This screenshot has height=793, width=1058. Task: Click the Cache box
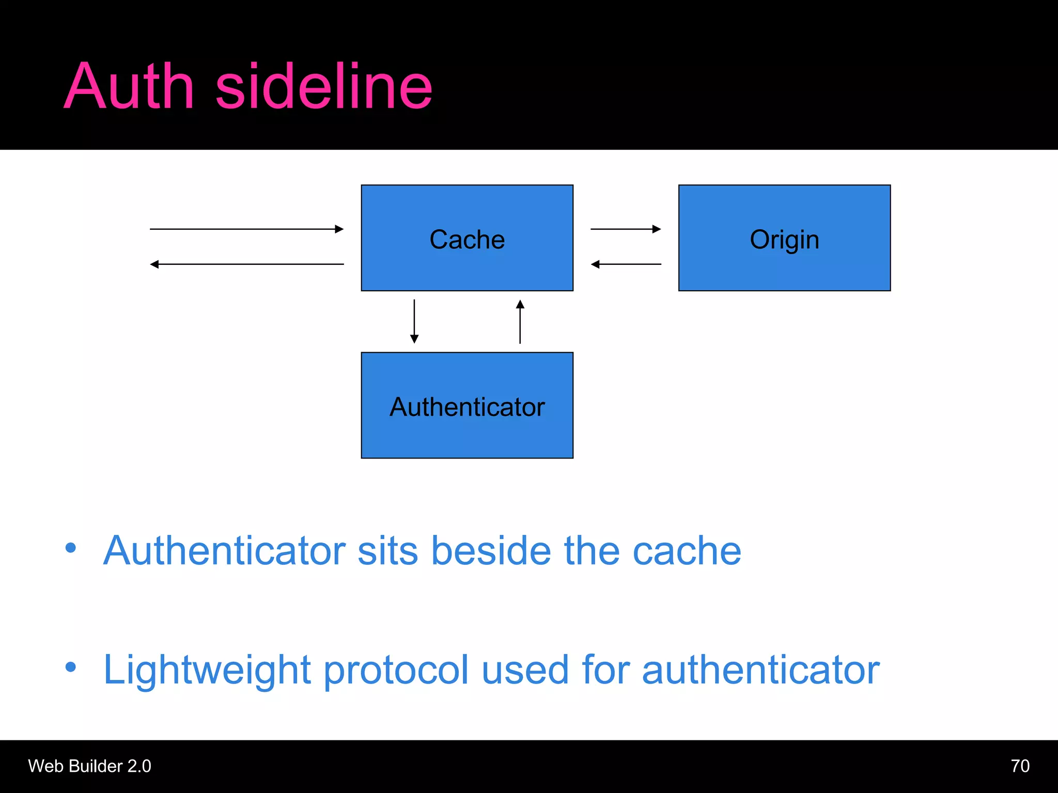coord(467,238)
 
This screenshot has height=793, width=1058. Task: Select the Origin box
coord(784,238)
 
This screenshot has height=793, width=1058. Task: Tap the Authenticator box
coord(467,406)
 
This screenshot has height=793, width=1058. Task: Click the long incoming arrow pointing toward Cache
coord(247,229)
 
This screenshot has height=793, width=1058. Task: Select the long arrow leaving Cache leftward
coord(247,264)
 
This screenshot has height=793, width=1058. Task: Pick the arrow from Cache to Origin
coord(626,229)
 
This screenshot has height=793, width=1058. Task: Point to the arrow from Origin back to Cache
coord(626,264)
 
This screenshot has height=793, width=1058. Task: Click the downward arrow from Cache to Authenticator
coord(414,321)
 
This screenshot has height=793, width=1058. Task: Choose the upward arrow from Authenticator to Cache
coord(520,322)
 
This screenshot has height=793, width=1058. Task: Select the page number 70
coord(1020,766)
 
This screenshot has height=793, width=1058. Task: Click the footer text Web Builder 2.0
coord(89,766)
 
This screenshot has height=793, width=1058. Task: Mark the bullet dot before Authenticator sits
coord(71,548)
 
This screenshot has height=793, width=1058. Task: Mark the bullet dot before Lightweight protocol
coord(71,667)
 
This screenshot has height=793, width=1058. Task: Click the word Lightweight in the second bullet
coord(207,670)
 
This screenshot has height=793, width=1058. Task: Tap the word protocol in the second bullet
coord(396,670)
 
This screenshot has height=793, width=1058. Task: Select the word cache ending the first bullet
coord(687,551)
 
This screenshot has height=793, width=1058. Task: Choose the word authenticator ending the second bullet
coord(760,670)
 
